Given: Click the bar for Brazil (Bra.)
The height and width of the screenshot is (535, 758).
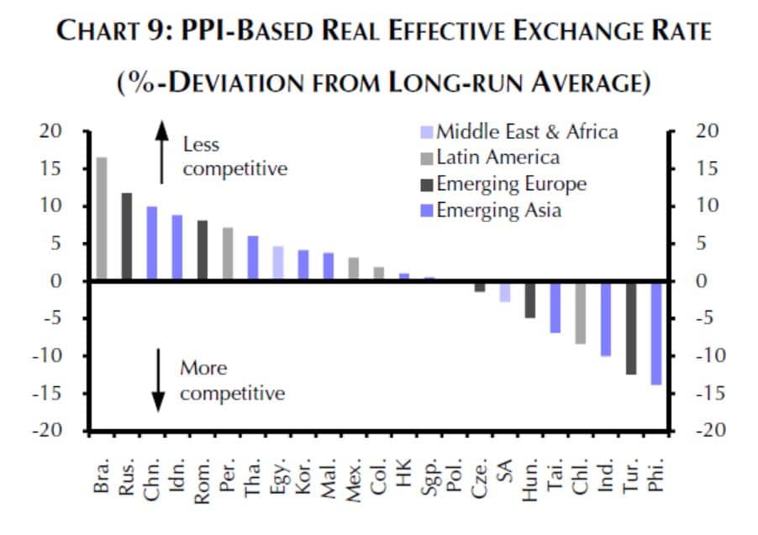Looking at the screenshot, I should point(102,218).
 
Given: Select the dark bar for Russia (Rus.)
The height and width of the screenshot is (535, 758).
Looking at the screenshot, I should point(127,236).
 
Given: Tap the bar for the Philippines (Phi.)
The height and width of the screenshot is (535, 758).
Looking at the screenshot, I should point(656,332).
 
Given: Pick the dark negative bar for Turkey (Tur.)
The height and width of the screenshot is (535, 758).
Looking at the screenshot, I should point(631,327).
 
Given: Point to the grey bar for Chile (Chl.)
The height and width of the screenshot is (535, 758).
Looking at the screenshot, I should point(580,312).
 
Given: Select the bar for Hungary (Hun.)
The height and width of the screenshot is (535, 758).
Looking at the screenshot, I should point(530,299).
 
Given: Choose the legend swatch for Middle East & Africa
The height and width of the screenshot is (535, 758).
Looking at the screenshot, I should point(427,132).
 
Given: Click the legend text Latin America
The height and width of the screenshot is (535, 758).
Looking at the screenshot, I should point(498,157).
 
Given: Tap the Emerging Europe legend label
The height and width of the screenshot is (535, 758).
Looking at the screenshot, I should point(511,183).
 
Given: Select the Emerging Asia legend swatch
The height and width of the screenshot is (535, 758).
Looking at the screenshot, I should point(427,209).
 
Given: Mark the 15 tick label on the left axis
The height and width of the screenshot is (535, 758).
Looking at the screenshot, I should point(52,169).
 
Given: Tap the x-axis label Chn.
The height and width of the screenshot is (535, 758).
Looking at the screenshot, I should point(152,482).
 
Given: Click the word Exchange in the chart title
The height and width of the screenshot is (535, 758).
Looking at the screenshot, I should point(567,32).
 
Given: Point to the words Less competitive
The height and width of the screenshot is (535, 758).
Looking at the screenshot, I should point(234,157).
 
